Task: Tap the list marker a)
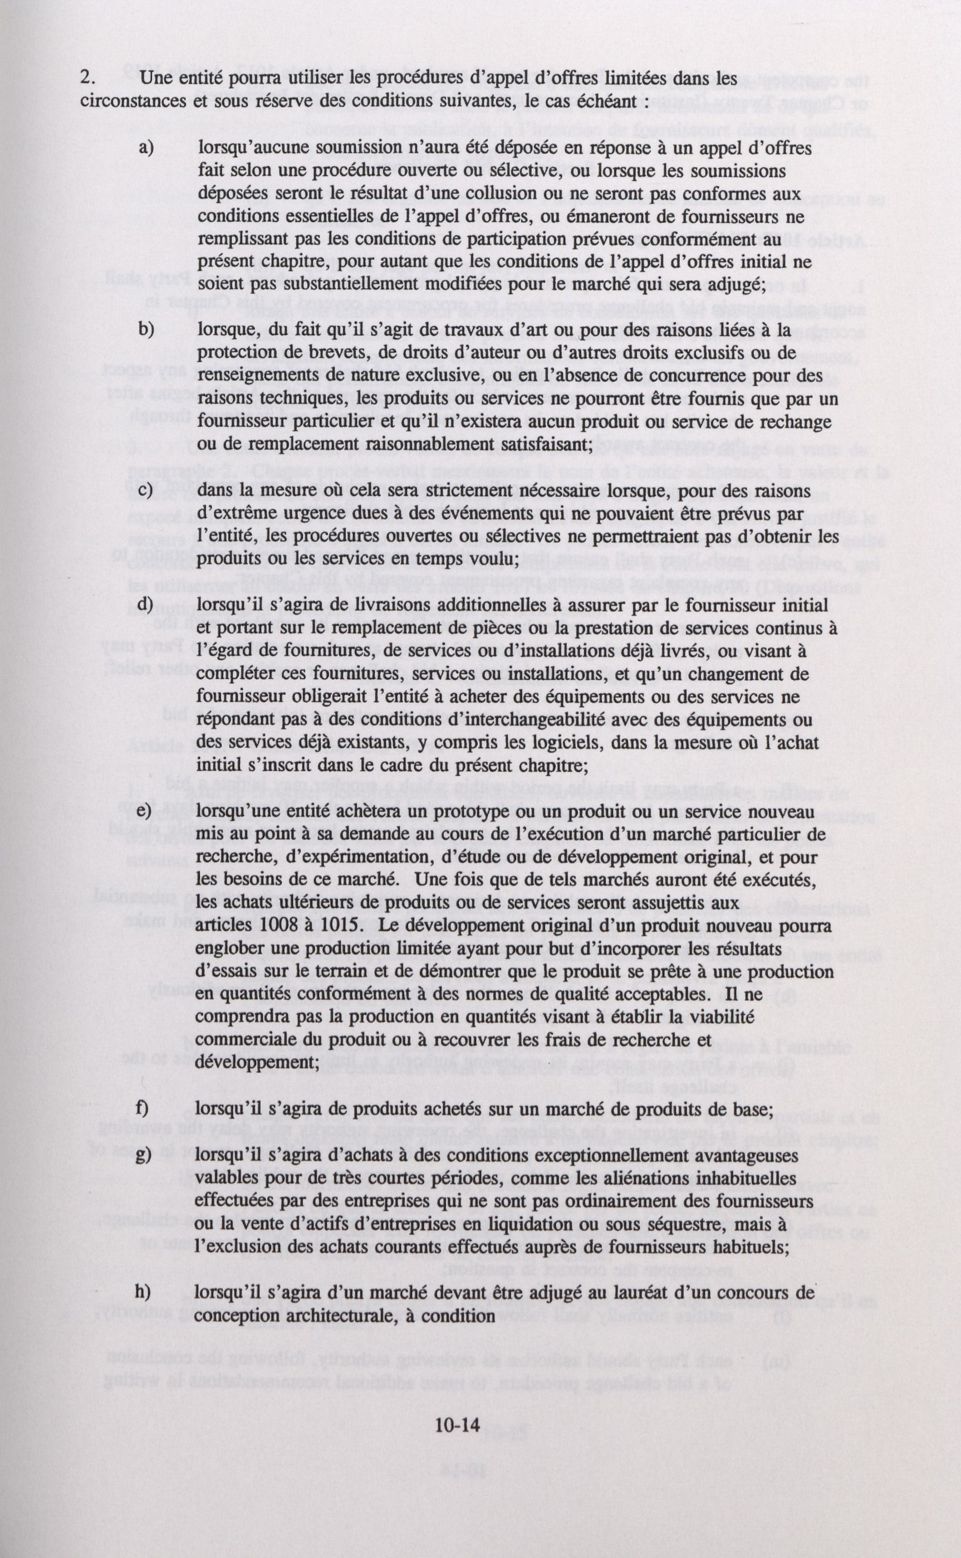[146, 148]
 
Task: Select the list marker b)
[146, 330]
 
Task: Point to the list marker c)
[145, 490]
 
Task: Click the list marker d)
[145, 604]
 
